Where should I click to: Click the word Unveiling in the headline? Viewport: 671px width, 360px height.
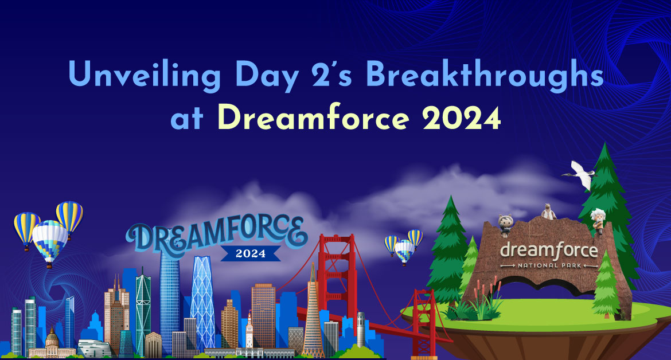point(145,76)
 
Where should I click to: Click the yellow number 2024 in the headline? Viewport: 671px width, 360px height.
point(461,118)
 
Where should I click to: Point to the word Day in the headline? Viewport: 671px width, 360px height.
point(267,76)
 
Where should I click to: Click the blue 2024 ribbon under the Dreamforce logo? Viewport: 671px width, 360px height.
point(251,253)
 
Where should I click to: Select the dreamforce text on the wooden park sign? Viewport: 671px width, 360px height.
point(549,250)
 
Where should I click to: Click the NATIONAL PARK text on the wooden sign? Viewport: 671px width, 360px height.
point(549,265)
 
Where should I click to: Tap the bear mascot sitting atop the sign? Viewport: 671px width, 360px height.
point(548,212)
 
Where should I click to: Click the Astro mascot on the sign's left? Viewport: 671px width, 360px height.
point(505,225)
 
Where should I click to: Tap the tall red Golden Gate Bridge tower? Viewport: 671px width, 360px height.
point(338,279)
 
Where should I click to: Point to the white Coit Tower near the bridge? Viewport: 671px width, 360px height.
point(361,329)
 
